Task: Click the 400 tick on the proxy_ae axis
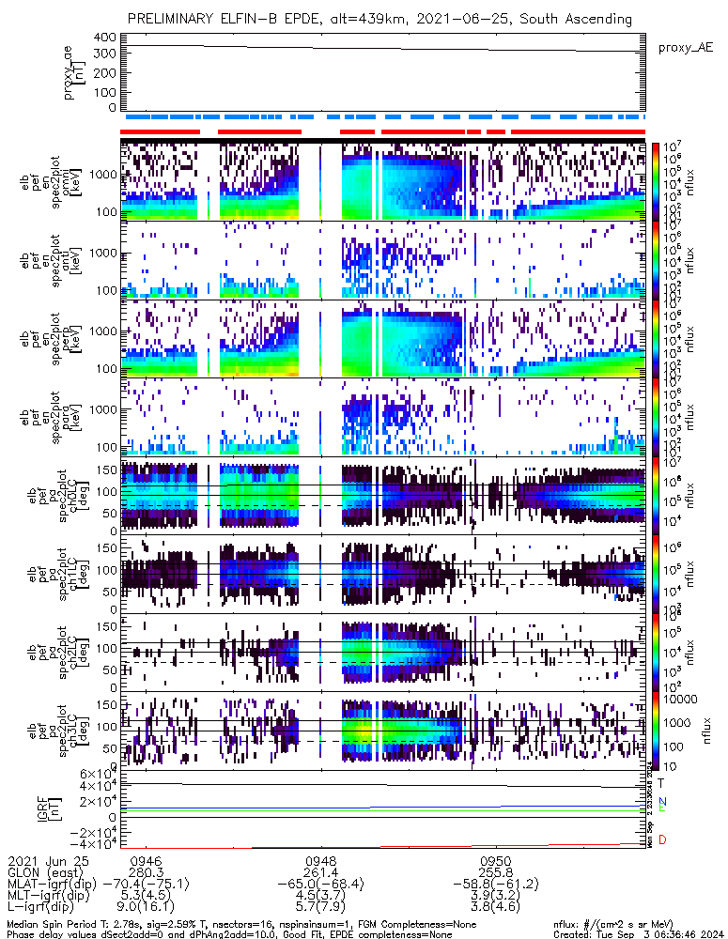pyautogui.click(x=104, y=38)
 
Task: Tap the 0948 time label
pyautogui.click(x=321, y=860)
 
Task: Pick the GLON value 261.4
pyautogui.click(x=321, y=871)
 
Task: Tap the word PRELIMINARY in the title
pyautogui.click(x=173, y=19)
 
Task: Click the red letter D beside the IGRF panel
pyautogui.click(x=662, y=839)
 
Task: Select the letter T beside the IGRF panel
pyautogui.click(x=662, y=782)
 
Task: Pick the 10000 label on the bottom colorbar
pyautogui.click(x=679, y=700)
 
